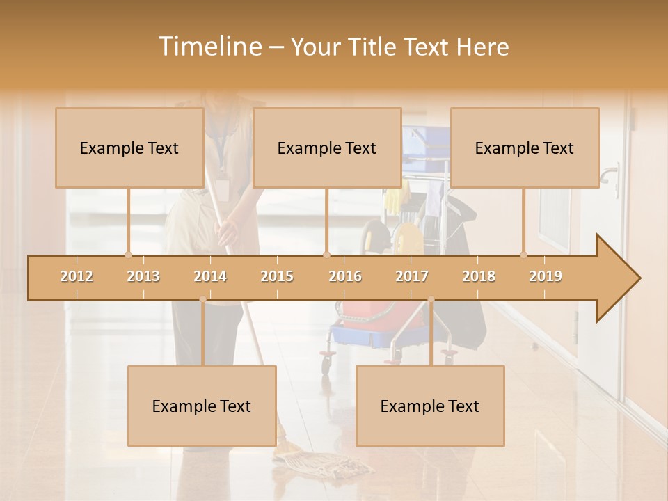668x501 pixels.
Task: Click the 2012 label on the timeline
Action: tap(77, 276)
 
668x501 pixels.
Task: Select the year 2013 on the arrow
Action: tap(143, 276)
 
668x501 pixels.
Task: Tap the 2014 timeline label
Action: tap(210, 276)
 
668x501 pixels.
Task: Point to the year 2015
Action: tap(277, 276)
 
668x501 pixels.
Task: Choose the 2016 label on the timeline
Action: tap(345, 276)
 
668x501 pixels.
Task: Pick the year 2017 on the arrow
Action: tap(412, 276)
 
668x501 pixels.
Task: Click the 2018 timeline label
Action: tap(479, 276)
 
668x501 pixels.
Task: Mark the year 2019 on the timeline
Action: tap(546, 276)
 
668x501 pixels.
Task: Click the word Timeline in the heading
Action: tap(209, 47)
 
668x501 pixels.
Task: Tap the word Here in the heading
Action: tap(482, 47)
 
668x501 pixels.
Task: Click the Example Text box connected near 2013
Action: tap(129, 148)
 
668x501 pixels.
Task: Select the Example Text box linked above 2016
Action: tap(327, 148)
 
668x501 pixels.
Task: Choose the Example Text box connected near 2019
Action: tap(525, 148)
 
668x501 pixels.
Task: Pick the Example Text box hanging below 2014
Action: tap(202, 406)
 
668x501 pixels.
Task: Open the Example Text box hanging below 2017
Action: tap(430, 406)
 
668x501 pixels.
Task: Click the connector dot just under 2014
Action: tap(202, 299)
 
